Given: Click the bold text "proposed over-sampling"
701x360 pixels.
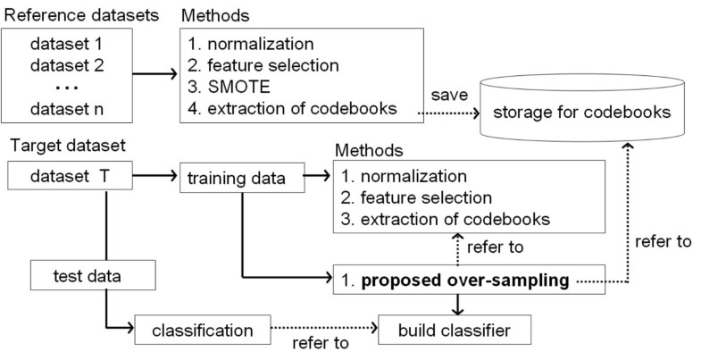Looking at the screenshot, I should pyautogui.click(x=468, y=281).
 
